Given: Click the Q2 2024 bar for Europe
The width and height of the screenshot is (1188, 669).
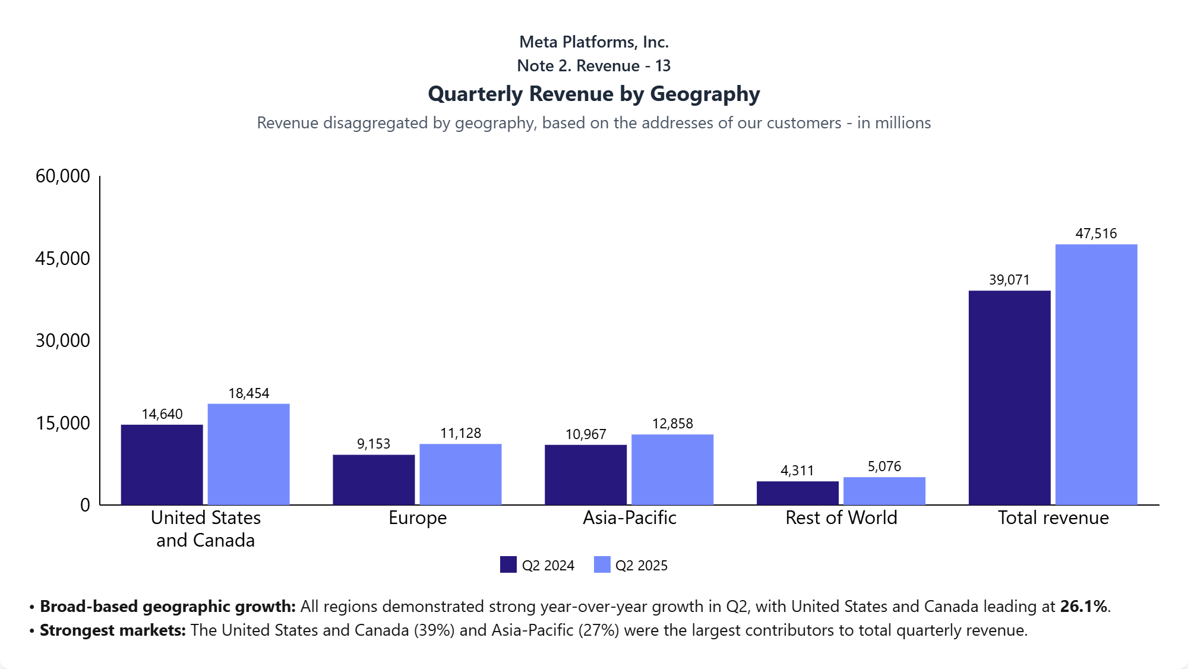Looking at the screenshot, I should click(x=374, y=479).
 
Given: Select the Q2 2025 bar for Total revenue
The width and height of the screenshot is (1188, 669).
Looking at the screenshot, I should click(x=1096, y=374).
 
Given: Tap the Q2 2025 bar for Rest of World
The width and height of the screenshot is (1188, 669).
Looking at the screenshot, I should click(x=884, y=491).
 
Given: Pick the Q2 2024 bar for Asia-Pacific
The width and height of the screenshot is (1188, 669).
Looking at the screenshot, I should click(x=585, y=475).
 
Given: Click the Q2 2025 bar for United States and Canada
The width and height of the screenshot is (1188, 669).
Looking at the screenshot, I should click(x=248, y=454).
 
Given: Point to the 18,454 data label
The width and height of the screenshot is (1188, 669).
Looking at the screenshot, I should click(x=249, y=393).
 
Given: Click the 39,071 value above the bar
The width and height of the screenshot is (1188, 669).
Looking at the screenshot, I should click(x=1009, y=280).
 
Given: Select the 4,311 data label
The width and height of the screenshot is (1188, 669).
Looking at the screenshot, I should click(x=797, y=471).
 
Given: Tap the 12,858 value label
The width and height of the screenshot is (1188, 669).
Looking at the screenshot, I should click(x=672, y=424).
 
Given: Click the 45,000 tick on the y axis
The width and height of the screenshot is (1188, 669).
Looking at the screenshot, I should click(x=62, y=258).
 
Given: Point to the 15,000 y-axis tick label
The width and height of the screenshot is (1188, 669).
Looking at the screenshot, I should click(x=62, y=423).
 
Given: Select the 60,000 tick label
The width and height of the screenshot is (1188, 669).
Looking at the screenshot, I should click(x=62, y=176).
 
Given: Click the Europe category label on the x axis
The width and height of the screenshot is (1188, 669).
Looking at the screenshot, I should click(x=418, y=517).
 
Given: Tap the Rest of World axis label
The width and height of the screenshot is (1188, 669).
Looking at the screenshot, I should click(x=841, y=517).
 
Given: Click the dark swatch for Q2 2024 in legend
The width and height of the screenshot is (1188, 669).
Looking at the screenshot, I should click(x=508, y=564).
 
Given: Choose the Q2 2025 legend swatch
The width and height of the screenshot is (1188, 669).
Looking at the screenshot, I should click(x=602, y=564).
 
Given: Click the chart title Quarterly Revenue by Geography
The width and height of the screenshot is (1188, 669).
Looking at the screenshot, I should click(x=594, y=94).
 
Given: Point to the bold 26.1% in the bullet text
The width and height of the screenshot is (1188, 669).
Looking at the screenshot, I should click(x=1083, y=606).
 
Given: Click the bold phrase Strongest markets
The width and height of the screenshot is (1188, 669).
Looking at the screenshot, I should click(x=113, y=630).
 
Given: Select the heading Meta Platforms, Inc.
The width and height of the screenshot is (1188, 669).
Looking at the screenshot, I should click(x=594, y=42).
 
